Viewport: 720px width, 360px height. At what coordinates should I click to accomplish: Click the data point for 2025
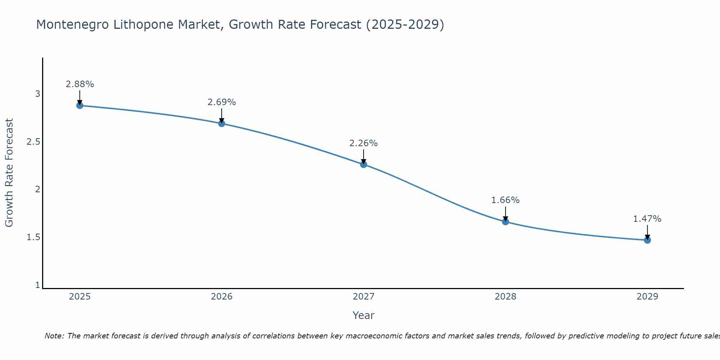[80, 105]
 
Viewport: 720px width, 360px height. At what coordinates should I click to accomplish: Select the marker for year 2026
[222, 123]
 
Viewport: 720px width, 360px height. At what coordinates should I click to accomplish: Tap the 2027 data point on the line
[364, 165]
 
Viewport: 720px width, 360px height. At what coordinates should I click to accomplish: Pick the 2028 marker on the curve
[505, 222]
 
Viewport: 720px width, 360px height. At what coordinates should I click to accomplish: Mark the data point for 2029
[647, 240]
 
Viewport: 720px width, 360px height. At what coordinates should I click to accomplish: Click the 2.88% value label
[80, 84]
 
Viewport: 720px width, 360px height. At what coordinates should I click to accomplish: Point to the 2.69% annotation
[222, 102]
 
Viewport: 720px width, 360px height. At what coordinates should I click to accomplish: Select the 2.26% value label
[364, 143]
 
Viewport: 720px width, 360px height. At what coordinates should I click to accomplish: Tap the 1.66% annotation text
[505, 200]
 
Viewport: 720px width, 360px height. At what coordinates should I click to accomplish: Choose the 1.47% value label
[647, 219]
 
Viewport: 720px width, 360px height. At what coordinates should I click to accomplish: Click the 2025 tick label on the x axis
[80, 297]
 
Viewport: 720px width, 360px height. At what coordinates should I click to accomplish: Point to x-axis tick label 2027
[364, 297]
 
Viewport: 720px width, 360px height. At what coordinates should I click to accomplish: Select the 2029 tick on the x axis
[647, 297]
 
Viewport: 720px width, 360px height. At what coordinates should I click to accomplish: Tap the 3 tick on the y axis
[37, 94]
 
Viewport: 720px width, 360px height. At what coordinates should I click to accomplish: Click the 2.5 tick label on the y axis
[33, 142]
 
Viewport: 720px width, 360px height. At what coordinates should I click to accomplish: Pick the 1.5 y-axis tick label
[33, 237]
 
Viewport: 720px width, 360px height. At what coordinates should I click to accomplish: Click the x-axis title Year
[364, 315]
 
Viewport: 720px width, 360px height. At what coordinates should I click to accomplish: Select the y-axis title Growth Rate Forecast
[9, 173]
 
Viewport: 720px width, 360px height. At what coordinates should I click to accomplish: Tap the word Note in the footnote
[54, 336]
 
